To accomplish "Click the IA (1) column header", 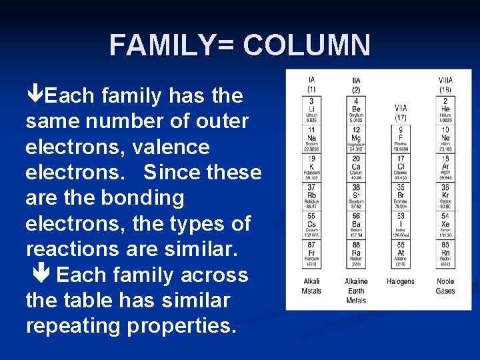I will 311,85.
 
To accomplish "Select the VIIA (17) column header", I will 401,111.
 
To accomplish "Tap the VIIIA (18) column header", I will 445,85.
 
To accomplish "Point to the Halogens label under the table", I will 401,281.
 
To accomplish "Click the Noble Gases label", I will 445,286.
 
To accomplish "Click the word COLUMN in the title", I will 307,45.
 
